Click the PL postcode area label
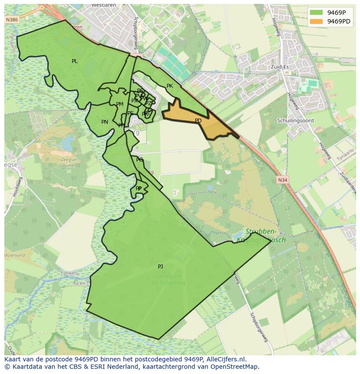pyautogui.click(x=74, y=61)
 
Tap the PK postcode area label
pyautogui.click(x=170, y=86)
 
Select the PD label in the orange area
pyautogui.click(x=198, y=121)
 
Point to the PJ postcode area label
pyautogui.click(x=160, y=267)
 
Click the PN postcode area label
pyautogui.click(x=104, y=122)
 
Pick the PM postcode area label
pyautogui.click(x=120, y=104)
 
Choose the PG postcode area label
pyautogui.click(x=139, y=160)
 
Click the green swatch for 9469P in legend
pyautogui.click(x=316, y=13)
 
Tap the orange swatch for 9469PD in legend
pyautogui.click(x=316, y=21)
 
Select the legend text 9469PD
pyautogui.click(x=339, y=21)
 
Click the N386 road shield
pyautogui.click(x=12, y=20)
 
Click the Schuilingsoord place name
pyautogui.click(x=295, y=120)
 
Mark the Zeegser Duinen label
pyautogui.click(x=70, y=162)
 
